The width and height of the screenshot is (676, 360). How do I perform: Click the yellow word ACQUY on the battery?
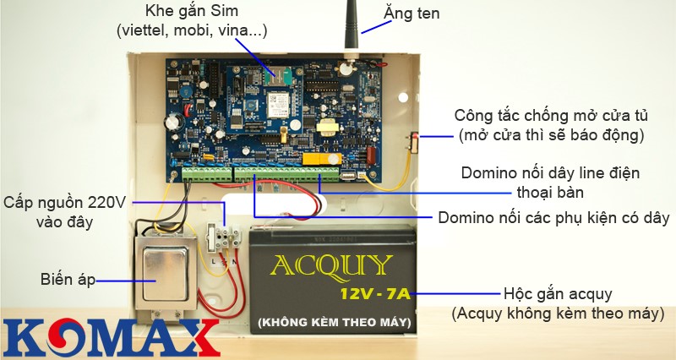click(331, 268)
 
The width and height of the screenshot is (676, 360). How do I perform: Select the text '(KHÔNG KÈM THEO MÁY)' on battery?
click(330, 322)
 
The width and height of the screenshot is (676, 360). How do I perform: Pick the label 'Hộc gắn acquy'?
click(557, 293)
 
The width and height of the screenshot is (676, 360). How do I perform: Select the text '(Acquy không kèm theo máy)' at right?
click(557, 314)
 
